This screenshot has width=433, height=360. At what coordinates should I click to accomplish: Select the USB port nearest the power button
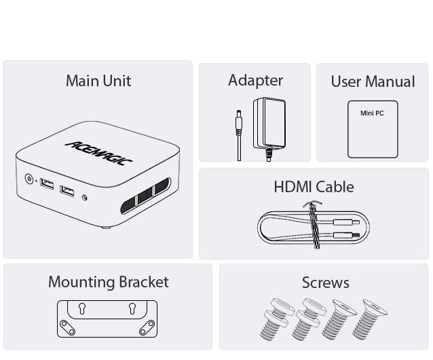pyautogui.click(x=47, y=184)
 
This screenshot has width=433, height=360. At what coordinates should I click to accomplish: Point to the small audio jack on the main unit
pyautogui.click(x=85, y=198)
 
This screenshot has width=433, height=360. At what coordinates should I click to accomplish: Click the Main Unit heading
pyautogui.click(x=98, y=81)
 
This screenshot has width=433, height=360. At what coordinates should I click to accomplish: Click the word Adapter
pyautogui.click(x=255, y=80)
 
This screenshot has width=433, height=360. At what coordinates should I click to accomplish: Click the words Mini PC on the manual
pyautogui.click(x=372, y=113)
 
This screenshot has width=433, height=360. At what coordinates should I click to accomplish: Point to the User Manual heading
pyautogui.click(x=373, y=82)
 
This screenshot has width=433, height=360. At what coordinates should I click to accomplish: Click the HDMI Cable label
pyautogui.click(x=314, y=186)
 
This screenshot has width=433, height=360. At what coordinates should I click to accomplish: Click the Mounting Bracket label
pyautogui.click(x=108, y=282)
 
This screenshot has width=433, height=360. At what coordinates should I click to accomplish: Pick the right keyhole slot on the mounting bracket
pyautogui.click(x=132, y=308)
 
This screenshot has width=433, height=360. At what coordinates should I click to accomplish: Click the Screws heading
pyautogui.click(x=325, y=282)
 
